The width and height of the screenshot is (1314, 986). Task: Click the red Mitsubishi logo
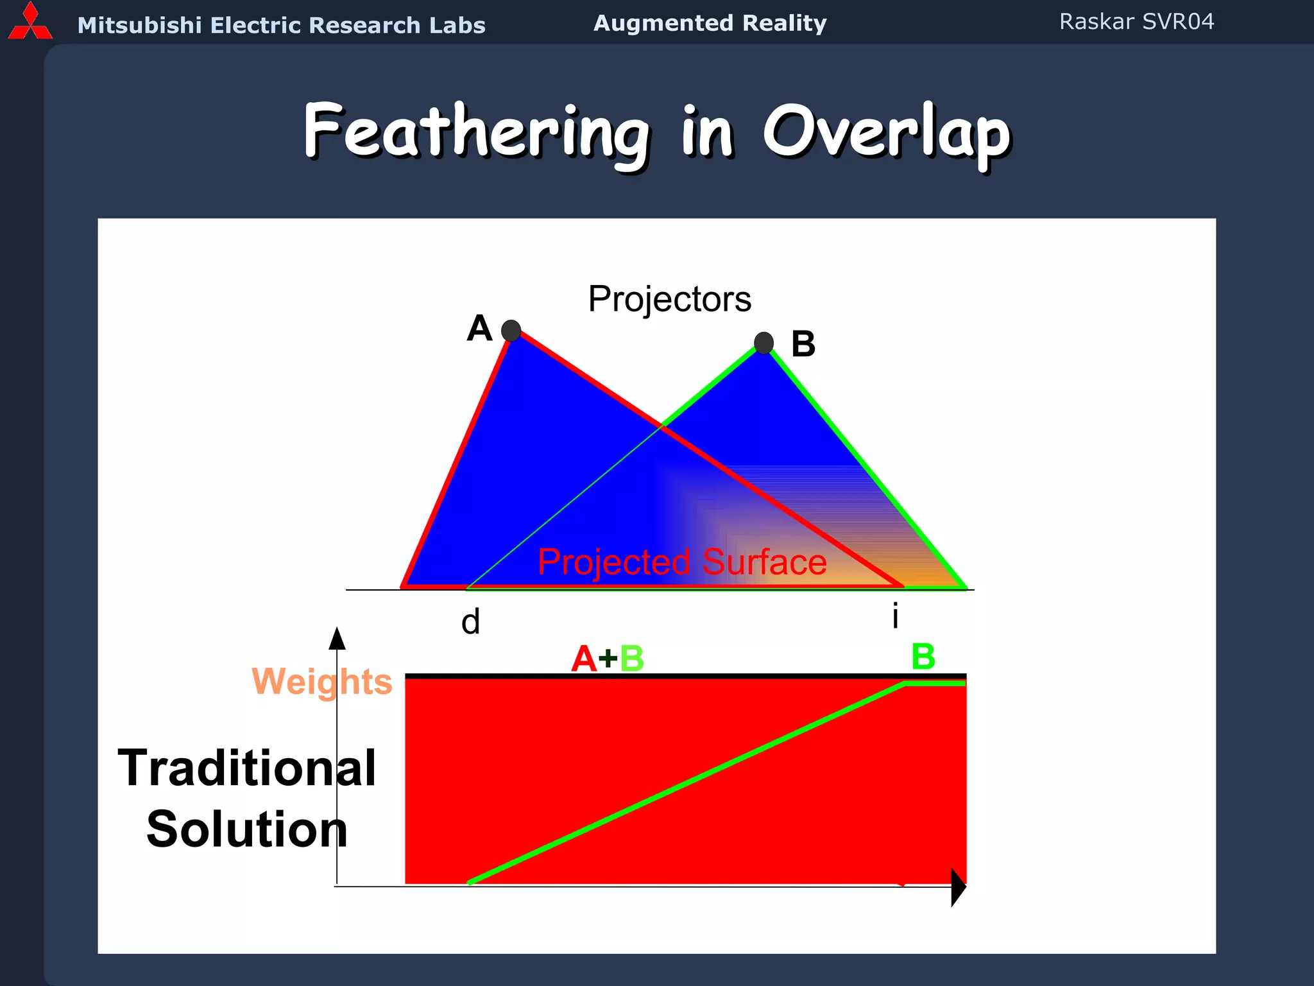(30, 22)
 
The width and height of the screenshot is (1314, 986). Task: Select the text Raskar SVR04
(1136, 22)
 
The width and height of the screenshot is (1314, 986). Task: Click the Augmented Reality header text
(710, 23)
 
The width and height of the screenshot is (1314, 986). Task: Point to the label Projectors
(669, 299)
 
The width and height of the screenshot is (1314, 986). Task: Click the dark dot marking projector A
(511, 331)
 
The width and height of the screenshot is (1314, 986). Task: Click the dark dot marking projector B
(764, 343)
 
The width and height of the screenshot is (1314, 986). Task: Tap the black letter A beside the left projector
(479, 329)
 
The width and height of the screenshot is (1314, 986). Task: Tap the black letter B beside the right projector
(803, 344)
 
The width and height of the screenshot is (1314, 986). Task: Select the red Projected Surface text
(681, 562)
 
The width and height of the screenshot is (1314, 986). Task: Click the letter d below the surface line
(470, 621)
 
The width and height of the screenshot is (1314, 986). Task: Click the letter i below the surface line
(895, 616)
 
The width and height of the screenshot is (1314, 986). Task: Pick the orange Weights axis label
(321, 681)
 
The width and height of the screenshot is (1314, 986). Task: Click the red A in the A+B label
(583, 659)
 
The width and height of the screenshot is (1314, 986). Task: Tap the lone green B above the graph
(923, 657)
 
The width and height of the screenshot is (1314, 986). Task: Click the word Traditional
(247, 768)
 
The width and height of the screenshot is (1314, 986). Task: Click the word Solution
(247, 829)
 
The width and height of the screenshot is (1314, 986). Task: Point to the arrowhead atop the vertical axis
(337, 639)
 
